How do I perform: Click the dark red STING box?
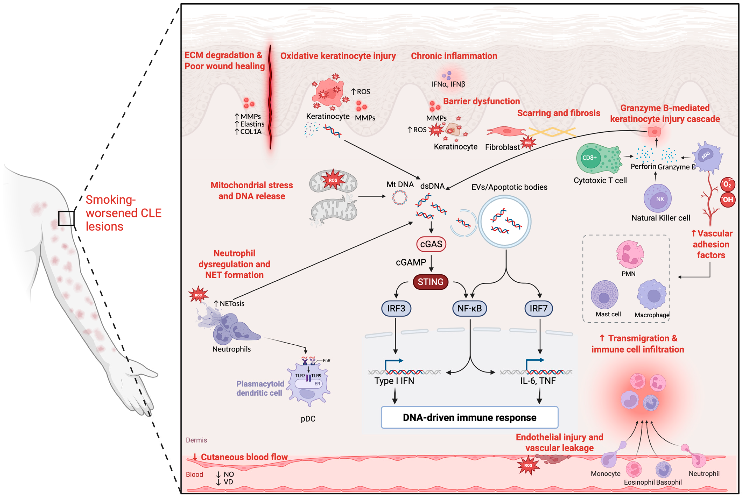click(x=430, y=282)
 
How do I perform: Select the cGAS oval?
click(x=431, y=244)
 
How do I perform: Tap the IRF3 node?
click(x=396, y=308)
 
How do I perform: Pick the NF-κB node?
click(x=469, y=308)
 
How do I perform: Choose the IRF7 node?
click(x=539, y=308)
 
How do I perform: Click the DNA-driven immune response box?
click(x=469, y=417)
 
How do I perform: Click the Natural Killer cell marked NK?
click(x=658, y=198)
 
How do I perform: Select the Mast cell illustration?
click(x=605, y=295)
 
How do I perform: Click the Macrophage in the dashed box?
click(x=652, y=294)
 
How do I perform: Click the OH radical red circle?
click(x=728, y=200)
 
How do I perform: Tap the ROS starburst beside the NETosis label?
click(x=198, y=295)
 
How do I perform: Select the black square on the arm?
click(x=66, y=218)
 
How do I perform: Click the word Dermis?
click(x=196, y=440)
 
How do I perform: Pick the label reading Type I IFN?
click(x=394, y=381)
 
